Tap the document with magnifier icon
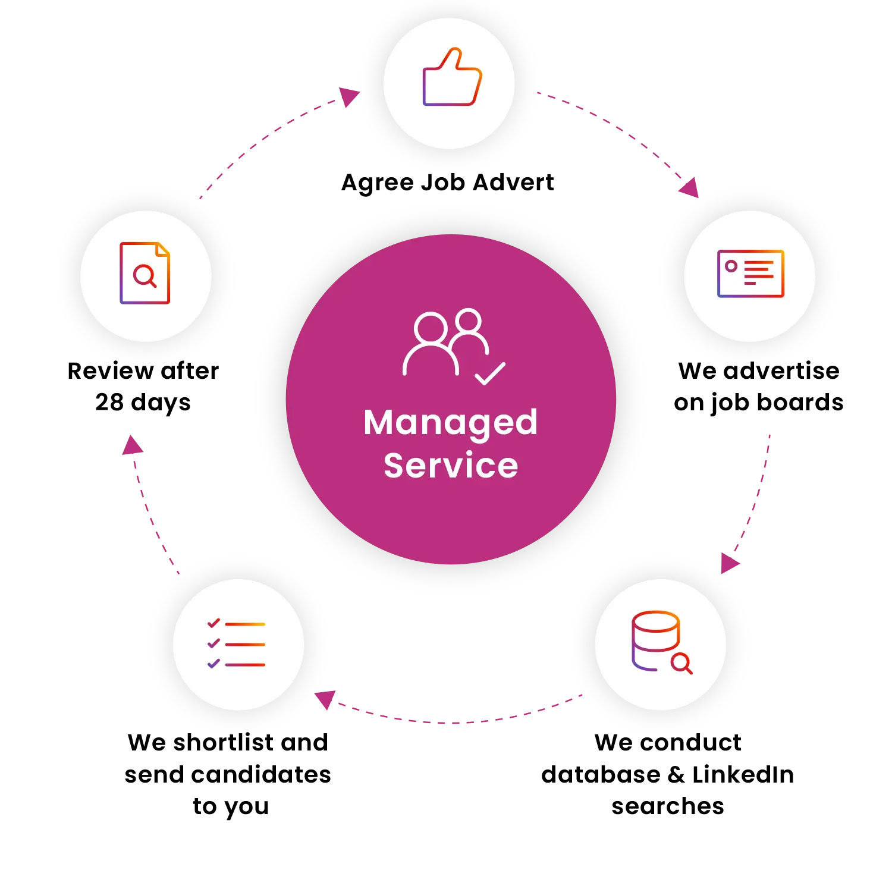[x=145, y=273]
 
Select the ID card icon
[x=750, y=274]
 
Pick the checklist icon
[x=237, y=644]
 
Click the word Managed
[x=451, y=423]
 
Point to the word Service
[x=451, y=466]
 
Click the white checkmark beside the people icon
[x=490, y=374]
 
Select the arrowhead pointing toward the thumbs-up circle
[x=349, y=96]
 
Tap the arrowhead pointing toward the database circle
[x=728, y=563]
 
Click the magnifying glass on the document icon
[x=145, y=276]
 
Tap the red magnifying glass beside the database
[x=681, y=663]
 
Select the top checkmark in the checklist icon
[x=213, y=623]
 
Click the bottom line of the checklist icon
[x=245, y=664]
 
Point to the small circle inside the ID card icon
[x=731, y=266]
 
